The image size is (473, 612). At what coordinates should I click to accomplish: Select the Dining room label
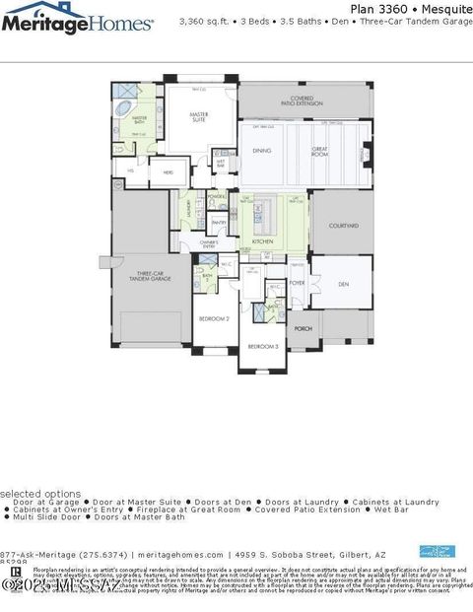point(262,150)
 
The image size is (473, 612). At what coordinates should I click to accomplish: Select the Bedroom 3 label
point(263,347)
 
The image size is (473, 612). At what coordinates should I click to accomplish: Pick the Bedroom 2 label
point(214,319)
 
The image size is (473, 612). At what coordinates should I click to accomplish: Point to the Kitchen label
point(262,240)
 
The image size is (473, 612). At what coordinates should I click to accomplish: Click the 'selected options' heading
point(40,493)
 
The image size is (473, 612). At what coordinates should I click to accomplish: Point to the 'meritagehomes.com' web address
point(181,554)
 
